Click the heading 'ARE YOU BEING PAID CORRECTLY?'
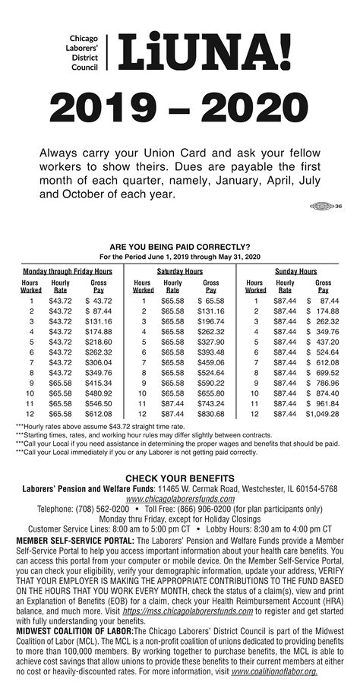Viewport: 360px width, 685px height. coord(180,247)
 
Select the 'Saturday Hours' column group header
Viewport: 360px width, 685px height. coord(180,271)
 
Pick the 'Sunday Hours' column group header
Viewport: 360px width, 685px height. coord(295,271)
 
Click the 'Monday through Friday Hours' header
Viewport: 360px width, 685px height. coord(67,271)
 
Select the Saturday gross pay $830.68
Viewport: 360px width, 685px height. coord(210,414)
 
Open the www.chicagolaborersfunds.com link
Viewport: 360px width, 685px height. coord(180,499)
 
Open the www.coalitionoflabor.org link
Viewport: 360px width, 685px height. coord(275,671)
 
